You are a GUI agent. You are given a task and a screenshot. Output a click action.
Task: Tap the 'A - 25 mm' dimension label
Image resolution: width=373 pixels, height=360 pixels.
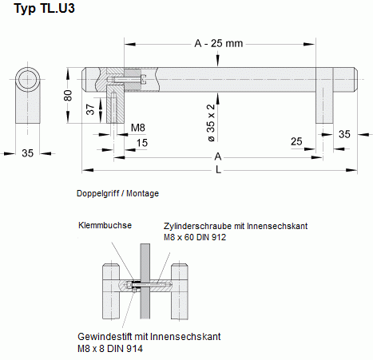[x=217, y=43]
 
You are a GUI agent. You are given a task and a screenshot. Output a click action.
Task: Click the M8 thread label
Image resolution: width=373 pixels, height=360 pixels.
[x=137, y=127]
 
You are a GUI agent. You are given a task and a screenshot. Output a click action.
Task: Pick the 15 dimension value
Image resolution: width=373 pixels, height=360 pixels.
[x=141, y=143]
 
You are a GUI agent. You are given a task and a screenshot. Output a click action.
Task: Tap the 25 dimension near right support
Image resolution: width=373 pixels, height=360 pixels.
[x=296, y=142]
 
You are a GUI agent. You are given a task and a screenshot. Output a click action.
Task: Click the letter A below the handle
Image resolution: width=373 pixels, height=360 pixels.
[x=217, y=157]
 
